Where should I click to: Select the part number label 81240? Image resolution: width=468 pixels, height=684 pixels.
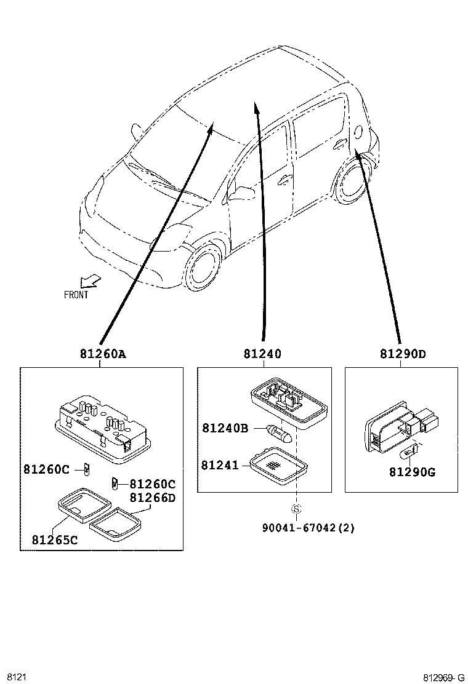coord(262,354)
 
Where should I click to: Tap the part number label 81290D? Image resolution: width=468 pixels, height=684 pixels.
coord(403,354)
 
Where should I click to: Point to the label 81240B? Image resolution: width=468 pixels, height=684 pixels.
coord(225,427)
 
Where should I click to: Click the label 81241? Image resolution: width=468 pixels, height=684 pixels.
coord(220,465)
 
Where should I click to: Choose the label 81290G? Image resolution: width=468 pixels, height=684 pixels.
coord(412,472)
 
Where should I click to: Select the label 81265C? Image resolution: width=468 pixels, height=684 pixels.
coord(55,541)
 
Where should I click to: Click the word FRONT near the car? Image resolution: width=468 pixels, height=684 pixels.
coord(76,295)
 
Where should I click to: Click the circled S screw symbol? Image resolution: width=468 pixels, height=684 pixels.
coord(296,509)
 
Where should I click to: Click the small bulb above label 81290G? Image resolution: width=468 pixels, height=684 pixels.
coord(409,456)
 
